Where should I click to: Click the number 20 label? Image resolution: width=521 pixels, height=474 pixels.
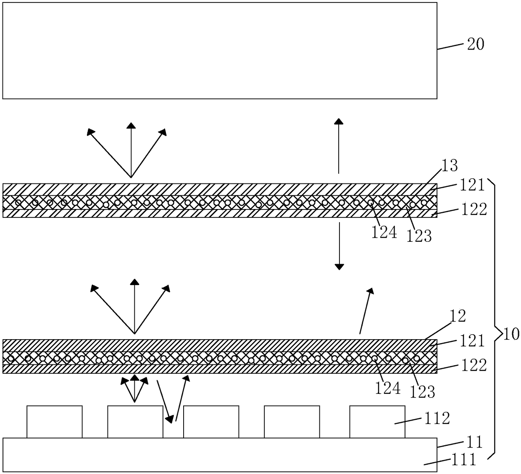pos(476,44)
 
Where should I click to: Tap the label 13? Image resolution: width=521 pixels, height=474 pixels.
pos(449,166)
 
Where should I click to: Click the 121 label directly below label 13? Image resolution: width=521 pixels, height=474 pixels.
pos(472,184)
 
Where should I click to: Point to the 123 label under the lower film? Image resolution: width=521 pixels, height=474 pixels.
pos(422,392)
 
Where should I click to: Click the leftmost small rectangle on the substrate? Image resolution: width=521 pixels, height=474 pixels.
pos(54,422)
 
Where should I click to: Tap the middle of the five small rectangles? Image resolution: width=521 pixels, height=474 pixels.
pos(211,422)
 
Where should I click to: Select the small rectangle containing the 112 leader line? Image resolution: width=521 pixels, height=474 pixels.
pos(377,422)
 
